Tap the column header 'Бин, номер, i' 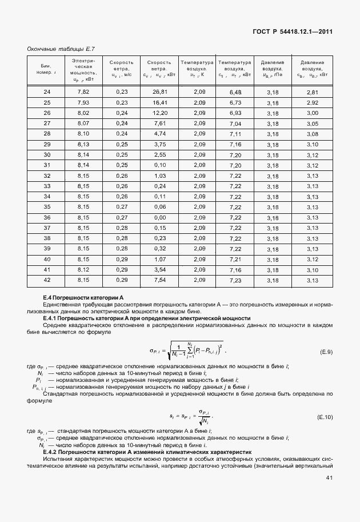pyautogui.click(x=47, y=69)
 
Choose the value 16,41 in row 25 pyautogui.click(x=159, y=102)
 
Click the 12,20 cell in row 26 pyautogui.click(x=159, y=113)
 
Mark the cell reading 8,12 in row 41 pyautogui.click(x=83, y=269)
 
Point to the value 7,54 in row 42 pyautogui.click(x=159, y=280)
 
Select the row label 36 pyautogui.click(x=47, y=217)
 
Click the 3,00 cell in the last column pyautogui.click(x=312, y=113)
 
